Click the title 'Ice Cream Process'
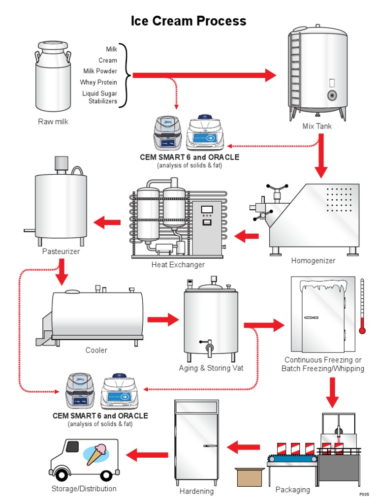[x=189, y=21]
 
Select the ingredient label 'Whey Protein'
[x=98, y=82]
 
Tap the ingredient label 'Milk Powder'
[x=100, y=71]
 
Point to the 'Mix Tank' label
[x=317, y=126]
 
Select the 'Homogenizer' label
[x=313, y=260]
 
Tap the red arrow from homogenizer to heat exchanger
[x=247, y=237]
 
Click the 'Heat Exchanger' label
[x=178, y=265]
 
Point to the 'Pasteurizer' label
[x=61, y=252]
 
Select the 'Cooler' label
[x=96, y=350]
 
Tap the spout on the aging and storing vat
[x=209, y=347]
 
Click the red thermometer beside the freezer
[x=362, y=308]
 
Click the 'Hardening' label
[x=196, y=491]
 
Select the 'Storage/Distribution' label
[x=84, y=489]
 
